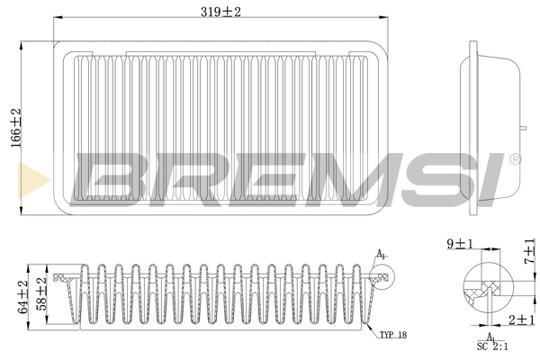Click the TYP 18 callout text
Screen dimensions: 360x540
tap(392, 335)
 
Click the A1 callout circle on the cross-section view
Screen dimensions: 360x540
tap(376, 275)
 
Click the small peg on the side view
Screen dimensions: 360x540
tap(520, 129)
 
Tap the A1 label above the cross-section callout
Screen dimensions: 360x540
tap(381, 255)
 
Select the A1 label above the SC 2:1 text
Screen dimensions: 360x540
tap(491, 336)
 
